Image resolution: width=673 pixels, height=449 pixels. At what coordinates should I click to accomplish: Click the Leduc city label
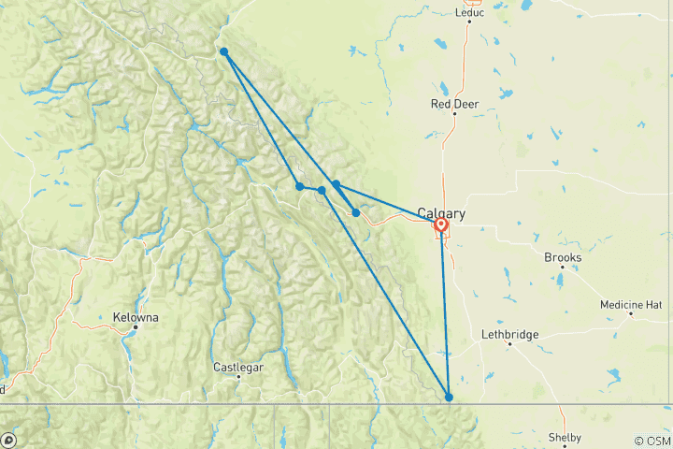point(468,13)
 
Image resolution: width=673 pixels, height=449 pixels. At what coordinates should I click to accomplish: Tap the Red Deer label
point(453,104)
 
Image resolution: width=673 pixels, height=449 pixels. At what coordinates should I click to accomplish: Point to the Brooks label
point(562,257)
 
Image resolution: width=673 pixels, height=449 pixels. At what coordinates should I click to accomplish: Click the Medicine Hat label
point(631,304)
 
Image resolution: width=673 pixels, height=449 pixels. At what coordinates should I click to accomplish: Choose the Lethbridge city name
point(508,334)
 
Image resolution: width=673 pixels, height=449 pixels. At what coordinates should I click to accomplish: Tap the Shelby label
point(565,438)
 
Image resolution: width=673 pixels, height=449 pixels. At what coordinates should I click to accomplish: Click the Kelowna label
point(135,317)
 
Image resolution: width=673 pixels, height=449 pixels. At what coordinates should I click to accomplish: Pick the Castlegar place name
point(237,367)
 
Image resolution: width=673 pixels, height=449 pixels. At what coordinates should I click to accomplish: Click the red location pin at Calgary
point(440,226)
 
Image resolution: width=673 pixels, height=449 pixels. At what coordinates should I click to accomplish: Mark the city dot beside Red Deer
point(454,114)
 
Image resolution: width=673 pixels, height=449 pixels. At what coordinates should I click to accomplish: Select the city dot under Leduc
point(468,24)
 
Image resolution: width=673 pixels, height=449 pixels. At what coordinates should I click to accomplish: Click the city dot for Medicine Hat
point(631,313)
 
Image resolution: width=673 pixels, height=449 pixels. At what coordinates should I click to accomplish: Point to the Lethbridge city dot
point(509,343)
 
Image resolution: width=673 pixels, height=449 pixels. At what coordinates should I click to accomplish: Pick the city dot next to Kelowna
point(135,327)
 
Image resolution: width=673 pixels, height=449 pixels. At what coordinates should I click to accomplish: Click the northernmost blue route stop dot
point(224,51)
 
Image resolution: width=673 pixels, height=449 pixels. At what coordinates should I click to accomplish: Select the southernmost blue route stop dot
point(450,398)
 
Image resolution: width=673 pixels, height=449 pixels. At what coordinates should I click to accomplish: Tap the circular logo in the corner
point(9,440)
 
